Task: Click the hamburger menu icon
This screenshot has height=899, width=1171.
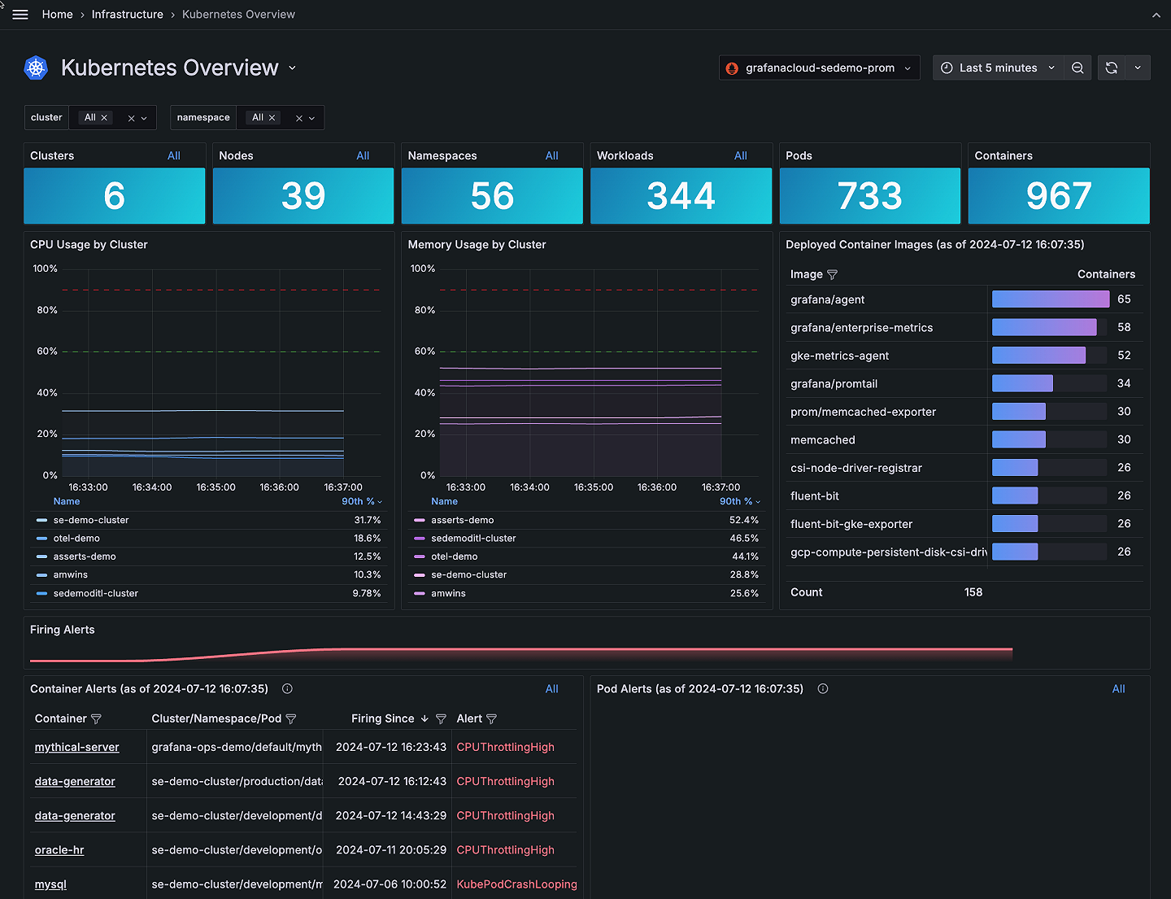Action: (20, 15)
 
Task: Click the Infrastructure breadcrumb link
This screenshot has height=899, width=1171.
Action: (127, 15)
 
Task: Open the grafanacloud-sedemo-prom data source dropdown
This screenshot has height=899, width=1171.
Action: (819, 68)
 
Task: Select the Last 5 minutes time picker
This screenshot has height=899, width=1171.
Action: (998, 68)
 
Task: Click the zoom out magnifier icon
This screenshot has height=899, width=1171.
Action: (1077, 68)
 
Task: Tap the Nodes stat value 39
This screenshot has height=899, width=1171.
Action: (303, 196)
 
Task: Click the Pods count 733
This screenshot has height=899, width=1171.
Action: (869, 196)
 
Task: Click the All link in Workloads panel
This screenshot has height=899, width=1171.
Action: (740, 155)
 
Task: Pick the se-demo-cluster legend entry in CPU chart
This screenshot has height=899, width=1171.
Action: (91, 520)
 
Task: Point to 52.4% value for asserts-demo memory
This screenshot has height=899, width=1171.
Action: (743, 520)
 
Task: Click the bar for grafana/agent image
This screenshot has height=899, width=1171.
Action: (1050, 299)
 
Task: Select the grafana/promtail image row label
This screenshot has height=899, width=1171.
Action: (834, 384)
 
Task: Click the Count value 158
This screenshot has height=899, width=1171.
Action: (973, 592)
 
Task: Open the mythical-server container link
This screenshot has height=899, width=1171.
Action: (76, 747)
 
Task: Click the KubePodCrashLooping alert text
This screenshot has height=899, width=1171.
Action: (516, 884)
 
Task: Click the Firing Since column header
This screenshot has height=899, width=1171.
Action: (382, 718)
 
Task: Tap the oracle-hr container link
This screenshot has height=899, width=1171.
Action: (59, 850)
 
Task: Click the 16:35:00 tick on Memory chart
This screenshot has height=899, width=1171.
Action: (594, 487)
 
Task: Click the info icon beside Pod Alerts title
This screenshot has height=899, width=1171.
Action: (823, 689)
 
